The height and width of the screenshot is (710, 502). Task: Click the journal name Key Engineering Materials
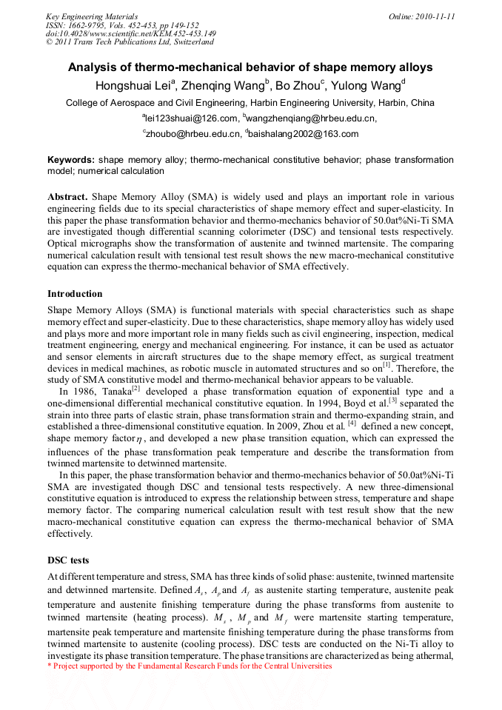(91, 16)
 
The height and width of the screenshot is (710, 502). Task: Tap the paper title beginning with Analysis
(250, 67)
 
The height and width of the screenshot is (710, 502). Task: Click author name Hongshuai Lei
(135, 85)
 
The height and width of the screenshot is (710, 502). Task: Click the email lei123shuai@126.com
(190, 118)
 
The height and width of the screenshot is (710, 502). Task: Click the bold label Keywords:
(71, 160)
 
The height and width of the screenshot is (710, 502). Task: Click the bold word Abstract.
(67, 198)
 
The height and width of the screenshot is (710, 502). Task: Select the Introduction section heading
(75, 294)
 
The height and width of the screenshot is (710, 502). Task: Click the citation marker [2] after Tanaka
(135, 389)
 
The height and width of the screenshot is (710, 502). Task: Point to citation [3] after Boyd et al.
(393, 400)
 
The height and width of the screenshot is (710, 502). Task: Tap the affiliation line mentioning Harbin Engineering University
(250, 103)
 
